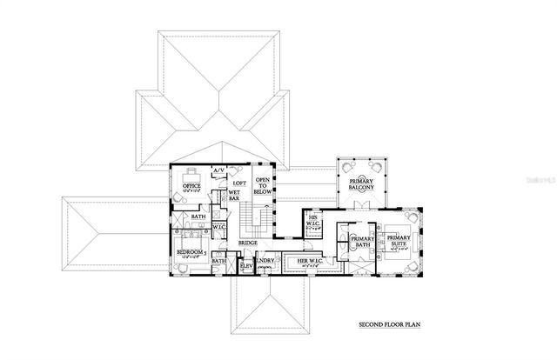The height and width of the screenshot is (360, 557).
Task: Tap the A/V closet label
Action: [x=219, y=171]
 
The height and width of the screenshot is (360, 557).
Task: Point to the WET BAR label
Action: [x=234, y=197]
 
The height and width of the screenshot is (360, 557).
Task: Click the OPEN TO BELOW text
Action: [x=262, y=185]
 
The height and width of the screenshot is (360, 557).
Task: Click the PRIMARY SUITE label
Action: [x=399, y=241]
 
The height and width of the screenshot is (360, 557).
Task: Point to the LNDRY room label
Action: [x=266, y=261]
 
